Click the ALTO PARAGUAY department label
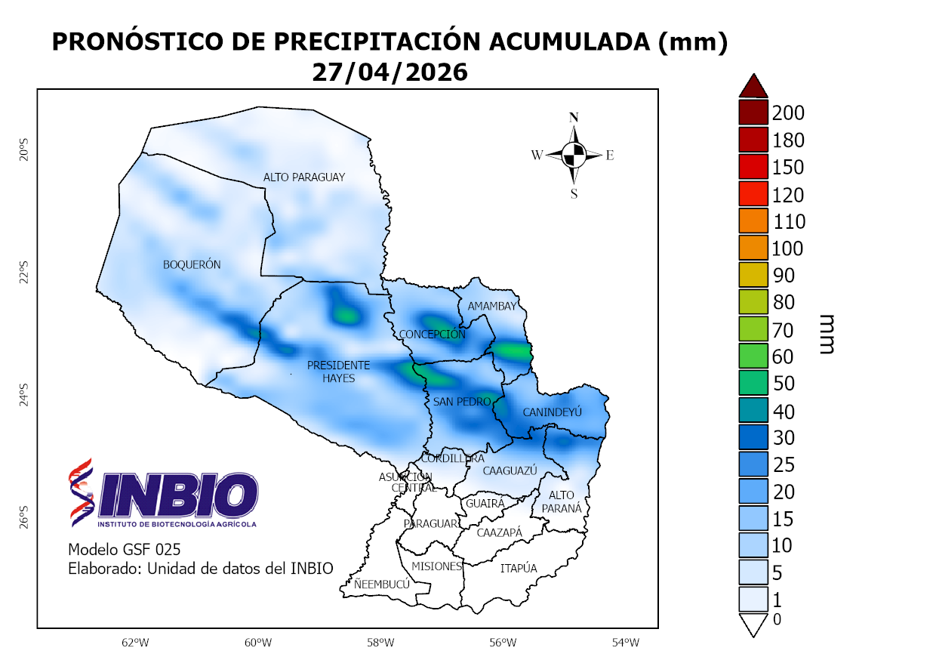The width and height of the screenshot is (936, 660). pos(303,177)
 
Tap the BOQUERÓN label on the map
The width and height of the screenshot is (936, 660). pos(192,265)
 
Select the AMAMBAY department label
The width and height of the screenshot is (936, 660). pos(492,307)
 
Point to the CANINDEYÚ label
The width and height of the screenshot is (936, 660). pos(553,413)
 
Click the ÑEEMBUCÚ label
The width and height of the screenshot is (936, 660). pos(382,584)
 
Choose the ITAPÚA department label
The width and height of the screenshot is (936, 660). pos(519,569)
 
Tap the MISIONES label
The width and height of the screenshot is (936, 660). pos(436,566)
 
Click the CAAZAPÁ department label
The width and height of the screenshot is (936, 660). pos(499,533)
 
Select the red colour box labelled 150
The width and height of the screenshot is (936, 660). pos(753,167)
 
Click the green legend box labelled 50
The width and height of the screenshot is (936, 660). pos(753,384)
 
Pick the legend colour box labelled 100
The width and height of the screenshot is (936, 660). pos(753,248)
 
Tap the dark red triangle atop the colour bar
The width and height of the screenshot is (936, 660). pos(753,86)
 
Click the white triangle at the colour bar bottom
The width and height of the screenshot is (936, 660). pos(753,625)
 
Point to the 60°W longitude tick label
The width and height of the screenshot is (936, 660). pos(257,643)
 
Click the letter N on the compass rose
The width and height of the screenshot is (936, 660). pos(574,117)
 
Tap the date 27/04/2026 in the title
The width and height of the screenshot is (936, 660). pos(389,72)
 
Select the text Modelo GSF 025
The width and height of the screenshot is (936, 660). pos(124,549)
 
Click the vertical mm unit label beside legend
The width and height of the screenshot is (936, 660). pos(825,334)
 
